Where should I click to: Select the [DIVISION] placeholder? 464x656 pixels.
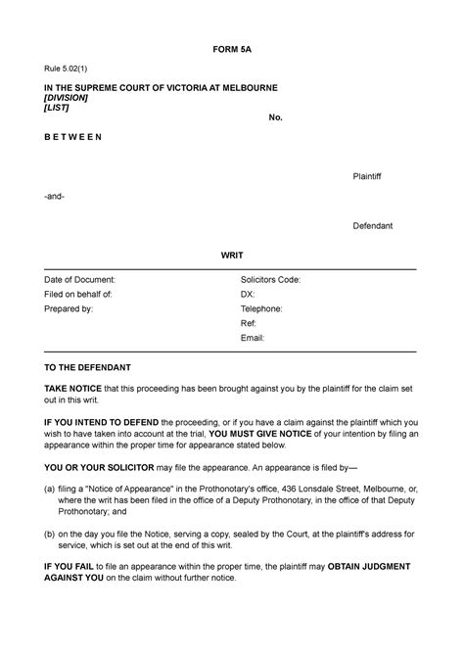(x=66, y=98)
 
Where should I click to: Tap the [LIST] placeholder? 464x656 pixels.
(x=56, y=108)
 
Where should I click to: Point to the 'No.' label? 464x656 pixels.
(x=276, y=117)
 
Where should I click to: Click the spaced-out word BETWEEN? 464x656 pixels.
(x=72, y=137)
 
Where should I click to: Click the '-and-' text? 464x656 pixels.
(x=54, y=196)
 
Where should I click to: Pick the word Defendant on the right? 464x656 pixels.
(x=373, y=225)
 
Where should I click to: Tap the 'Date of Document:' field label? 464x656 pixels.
(x=79, y=279)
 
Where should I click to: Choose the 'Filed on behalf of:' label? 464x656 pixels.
(x=78, y=294)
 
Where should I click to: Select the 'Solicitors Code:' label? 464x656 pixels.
(x=271, y=279)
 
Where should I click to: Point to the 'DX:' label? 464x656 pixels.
(x=248, y=294)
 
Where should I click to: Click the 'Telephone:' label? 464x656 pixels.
(x=261, y=308)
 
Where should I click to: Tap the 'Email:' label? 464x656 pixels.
(x=254, y=338)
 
